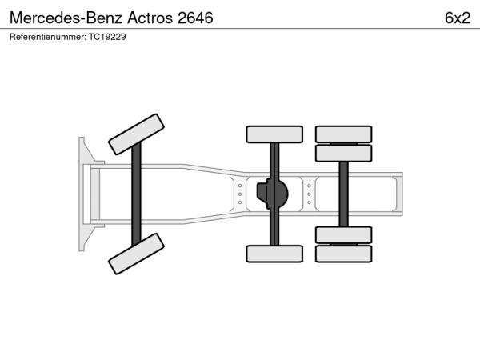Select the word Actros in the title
pyautogui.click(x=150, y=18)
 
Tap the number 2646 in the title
pyautogui.click(x=195, y=18)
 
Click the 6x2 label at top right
pyautogui.click(x=458, y=18)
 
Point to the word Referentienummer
pyautogui.click(x=48, y=37)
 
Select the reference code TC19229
pyautogui.click(x=107, y=37)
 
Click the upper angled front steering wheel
pyautogui.click(x=136, y=134)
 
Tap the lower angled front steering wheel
pyautogui.click(x=136, y=254)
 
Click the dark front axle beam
pyautogui.click(x=136, y=194)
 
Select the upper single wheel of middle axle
pyautogui.click(x=274, y=134)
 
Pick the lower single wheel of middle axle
pyautogui.click(x=274, y=254)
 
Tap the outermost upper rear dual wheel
pyautogui.click(x=344, y=134)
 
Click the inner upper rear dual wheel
pyautogui.click(x=344, y=153)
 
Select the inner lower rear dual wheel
pyautogui.click(x=344, y=235)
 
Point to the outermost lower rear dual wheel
pyautogui.click(x=344, y=254)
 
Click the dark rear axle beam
pyautogui.click(x=344, y=194)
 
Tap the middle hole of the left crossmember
pyautogui.click(x=240, y=194)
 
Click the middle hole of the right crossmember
pyautogui.click(x=309, y=194)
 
